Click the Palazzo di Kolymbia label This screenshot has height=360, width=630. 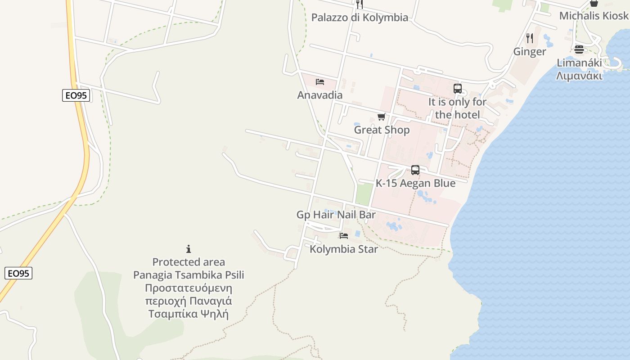[x=360, y=18]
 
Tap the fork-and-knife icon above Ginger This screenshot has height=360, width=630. [x=530, y=38]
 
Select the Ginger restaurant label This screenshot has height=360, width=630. [x=530, y=52]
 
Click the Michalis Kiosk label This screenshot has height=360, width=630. [x=594, y=16]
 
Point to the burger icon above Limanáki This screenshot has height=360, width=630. [x=579, y=49]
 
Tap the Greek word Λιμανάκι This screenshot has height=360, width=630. [x=579, y=76]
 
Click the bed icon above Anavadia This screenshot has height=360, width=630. [x=320, y=81]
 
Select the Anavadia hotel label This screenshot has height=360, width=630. [x=320, y=95]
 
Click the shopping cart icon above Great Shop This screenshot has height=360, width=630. [x=382, y=117]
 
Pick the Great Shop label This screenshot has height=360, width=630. [x=382, y=130]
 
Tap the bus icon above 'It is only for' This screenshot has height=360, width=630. [x=458, y=89]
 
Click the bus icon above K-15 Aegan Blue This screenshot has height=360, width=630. [x=415, y=170]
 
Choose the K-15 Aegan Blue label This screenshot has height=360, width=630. [x=415, y=184]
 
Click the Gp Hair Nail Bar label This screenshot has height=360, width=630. [x=336, y=215]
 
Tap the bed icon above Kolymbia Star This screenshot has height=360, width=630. [x=344, y=235]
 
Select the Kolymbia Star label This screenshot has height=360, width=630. [x=344, y=249]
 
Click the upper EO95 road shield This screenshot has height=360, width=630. [x=76, y=95]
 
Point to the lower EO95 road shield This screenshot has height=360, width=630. [x=18, y=273]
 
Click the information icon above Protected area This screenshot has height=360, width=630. [x=189, y=249]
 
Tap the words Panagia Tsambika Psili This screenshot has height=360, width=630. [x=189, y=275]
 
